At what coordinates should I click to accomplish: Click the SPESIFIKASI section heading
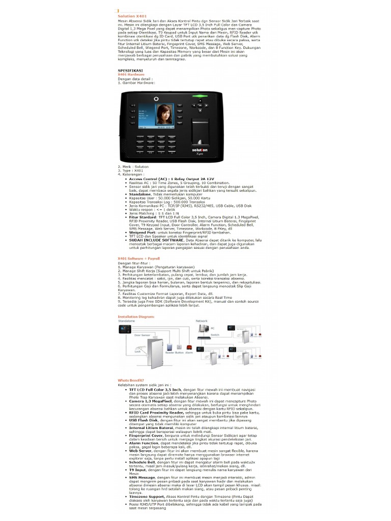click(130, 70)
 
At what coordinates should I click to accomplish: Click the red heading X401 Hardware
click(131, 74)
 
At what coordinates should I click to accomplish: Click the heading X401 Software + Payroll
click(139, 258)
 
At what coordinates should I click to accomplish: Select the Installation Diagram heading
click(136, 316)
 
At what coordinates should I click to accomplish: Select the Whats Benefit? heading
click(131, 380)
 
